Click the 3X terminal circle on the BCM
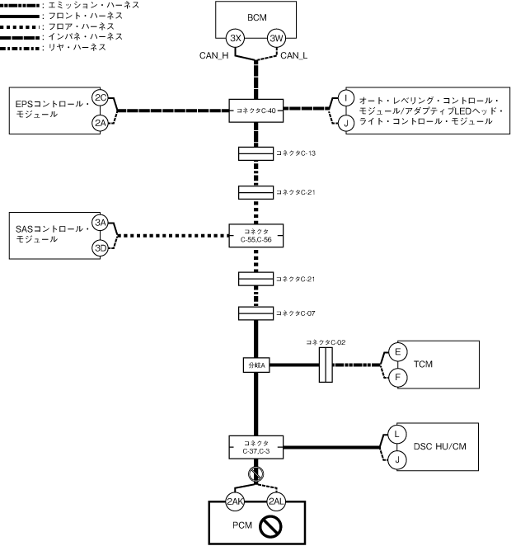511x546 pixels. pos(235,38)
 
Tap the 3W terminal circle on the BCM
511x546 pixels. pos(276,38)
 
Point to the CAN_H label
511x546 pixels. pos(214,56)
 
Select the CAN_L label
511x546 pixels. pos(294,56)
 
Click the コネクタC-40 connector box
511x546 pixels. pos(256,111)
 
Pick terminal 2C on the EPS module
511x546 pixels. pos(101,97)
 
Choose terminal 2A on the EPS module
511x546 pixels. pos(101,123)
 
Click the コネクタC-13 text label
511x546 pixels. pos(296,153)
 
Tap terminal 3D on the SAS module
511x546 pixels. pos(101,248)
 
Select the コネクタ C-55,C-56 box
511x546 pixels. pos(256,236)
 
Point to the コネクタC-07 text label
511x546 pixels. pos(296,313)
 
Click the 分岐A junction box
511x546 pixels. pos(256,365)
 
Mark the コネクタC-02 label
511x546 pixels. pos(326,342)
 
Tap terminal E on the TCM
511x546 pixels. pos(397,351)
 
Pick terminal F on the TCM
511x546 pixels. pos(397,377)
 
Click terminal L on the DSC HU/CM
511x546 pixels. pos(397,434)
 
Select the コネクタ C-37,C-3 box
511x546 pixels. pos(256,448)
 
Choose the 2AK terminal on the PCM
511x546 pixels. pos(235,501)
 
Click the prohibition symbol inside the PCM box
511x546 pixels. pos(270,526)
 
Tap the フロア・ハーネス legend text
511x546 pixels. pos(82,26)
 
